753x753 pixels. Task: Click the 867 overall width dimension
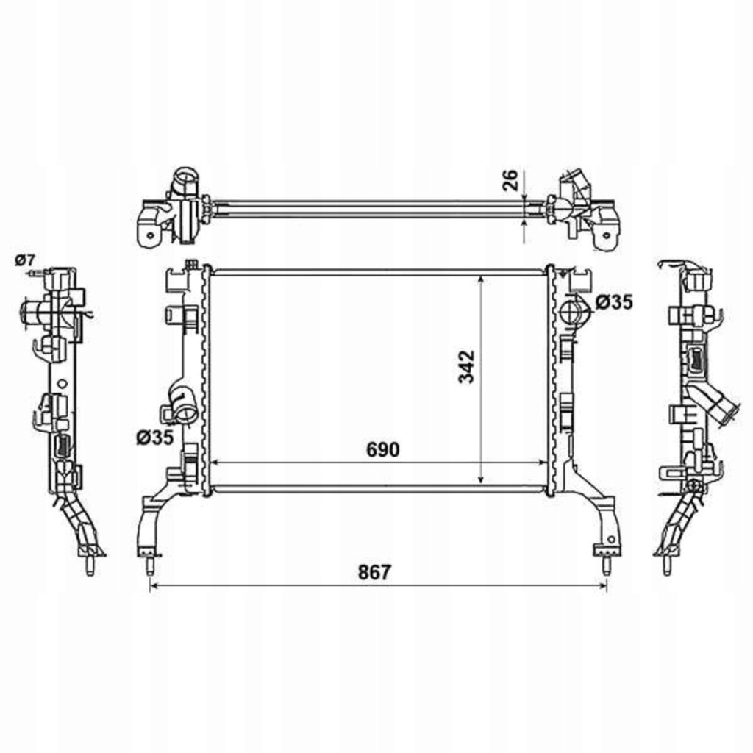click(x=375, y=572)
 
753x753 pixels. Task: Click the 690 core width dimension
click(x=383, y=449)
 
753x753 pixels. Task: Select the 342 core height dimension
click(x=466, y=366)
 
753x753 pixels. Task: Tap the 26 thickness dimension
click(x=510, y=179)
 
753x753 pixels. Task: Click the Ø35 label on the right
click(x=614, y=302)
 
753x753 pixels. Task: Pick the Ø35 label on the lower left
click(x=154, y=438)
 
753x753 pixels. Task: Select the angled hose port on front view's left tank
click(x=184, y=404)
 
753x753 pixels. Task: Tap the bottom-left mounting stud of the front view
click(x=149, y=565)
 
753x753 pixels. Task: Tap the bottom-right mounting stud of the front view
click(x=607, y=565)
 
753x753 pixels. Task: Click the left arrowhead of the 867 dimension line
click(x=153, y=585)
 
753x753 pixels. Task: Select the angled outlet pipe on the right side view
click(x=715, y=409)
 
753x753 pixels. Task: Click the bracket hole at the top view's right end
click(x=607, y=235)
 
